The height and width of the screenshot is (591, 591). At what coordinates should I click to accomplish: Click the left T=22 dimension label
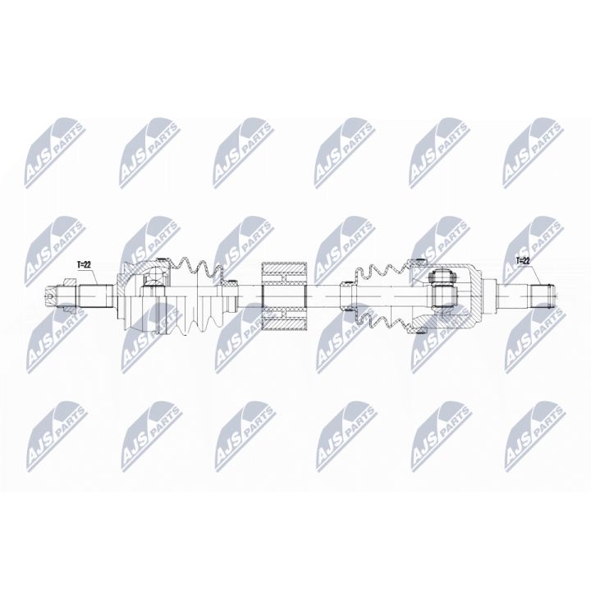[x=85, y=264]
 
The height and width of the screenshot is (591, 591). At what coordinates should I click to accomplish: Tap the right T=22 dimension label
[x=523, y=260]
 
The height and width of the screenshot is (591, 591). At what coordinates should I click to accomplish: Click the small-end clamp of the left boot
[x=231, y=293]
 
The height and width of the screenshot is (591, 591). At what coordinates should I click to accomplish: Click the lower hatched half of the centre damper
[x=283, y=316]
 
